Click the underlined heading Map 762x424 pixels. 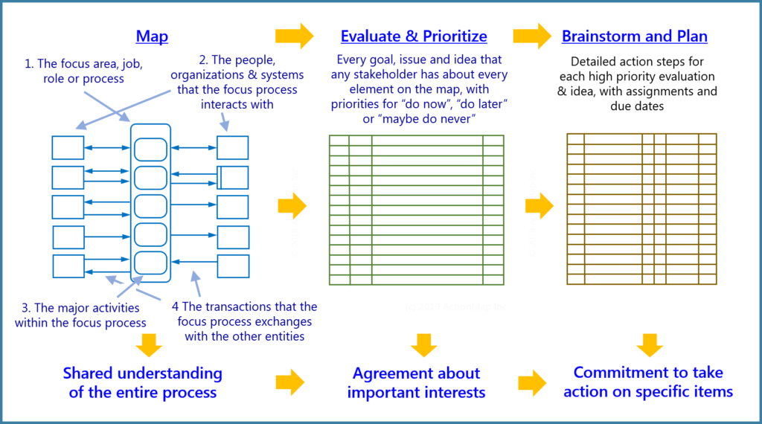point(152,36)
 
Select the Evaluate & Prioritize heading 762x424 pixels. point(414,36)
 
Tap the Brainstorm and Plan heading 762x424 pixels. point(635,36)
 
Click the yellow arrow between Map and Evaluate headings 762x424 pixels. point(295,36)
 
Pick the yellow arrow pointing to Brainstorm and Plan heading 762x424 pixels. point(531,36)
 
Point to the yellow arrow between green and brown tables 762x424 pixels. point(540,206)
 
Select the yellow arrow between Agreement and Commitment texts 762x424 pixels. point(531,383)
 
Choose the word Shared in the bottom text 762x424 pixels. point(92,373)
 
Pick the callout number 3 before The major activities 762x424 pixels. point(26,307)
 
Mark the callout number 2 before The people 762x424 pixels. point(203,60)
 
